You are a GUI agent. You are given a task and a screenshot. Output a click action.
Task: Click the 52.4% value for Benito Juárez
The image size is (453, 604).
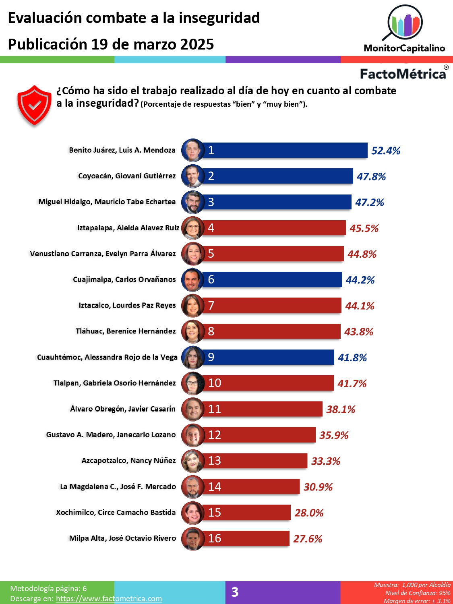tap(385, 151)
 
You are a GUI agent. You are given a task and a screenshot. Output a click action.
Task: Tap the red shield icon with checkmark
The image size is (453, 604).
tap(34, 105)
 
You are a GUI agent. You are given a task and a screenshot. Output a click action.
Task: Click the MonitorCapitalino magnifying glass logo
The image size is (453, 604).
tap(404, 23)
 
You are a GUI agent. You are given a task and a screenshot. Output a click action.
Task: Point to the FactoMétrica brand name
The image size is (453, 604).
tap(403, 74)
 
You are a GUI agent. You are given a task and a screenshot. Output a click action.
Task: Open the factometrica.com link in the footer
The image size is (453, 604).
tap(109, 598)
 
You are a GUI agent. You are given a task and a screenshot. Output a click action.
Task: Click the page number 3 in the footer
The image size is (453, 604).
tap(235, 592)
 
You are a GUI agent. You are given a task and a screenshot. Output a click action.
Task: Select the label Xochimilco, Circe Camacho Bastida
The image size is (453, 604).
tap(116, 512)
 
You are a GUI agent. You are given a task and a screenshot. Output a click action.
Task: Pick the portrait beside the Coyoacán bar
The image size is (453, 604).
tap(192, 176)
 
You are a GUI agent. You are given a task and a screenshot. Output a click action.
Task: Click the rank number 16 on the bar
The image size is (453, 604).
tap(214, 538)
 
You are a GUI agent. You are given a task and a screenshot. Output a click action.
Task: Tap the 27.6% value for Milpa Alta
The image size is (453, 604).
tap(307, 539)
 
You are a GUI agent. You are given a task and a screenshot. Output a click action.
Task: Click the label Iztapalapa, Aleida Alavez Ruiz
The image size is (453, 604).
tap(128, 228)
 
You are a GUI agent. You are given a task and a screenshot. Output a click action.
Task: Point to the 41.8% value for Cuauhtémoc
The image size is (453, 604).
tap(352, 358)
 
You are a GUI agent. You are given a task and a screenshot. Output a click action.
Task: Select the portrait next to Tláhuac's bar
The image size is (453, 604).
tap(192, 331)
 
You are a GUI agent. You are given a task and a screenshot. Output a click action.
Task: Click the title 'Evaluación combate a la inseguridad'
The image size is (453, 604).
tap(134, 18)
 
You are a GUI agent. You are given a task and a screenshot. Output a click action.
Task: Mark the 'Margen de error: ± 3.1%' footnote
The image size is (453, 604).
tap(417, 601)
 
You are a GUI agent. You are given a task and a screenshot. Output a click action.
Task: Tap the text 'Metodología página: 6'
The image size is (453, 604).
tap(48, 588)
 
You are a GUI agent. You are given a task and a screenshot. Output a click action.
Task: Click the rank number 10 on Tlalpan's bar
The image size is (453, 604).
tap(214, 383)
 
